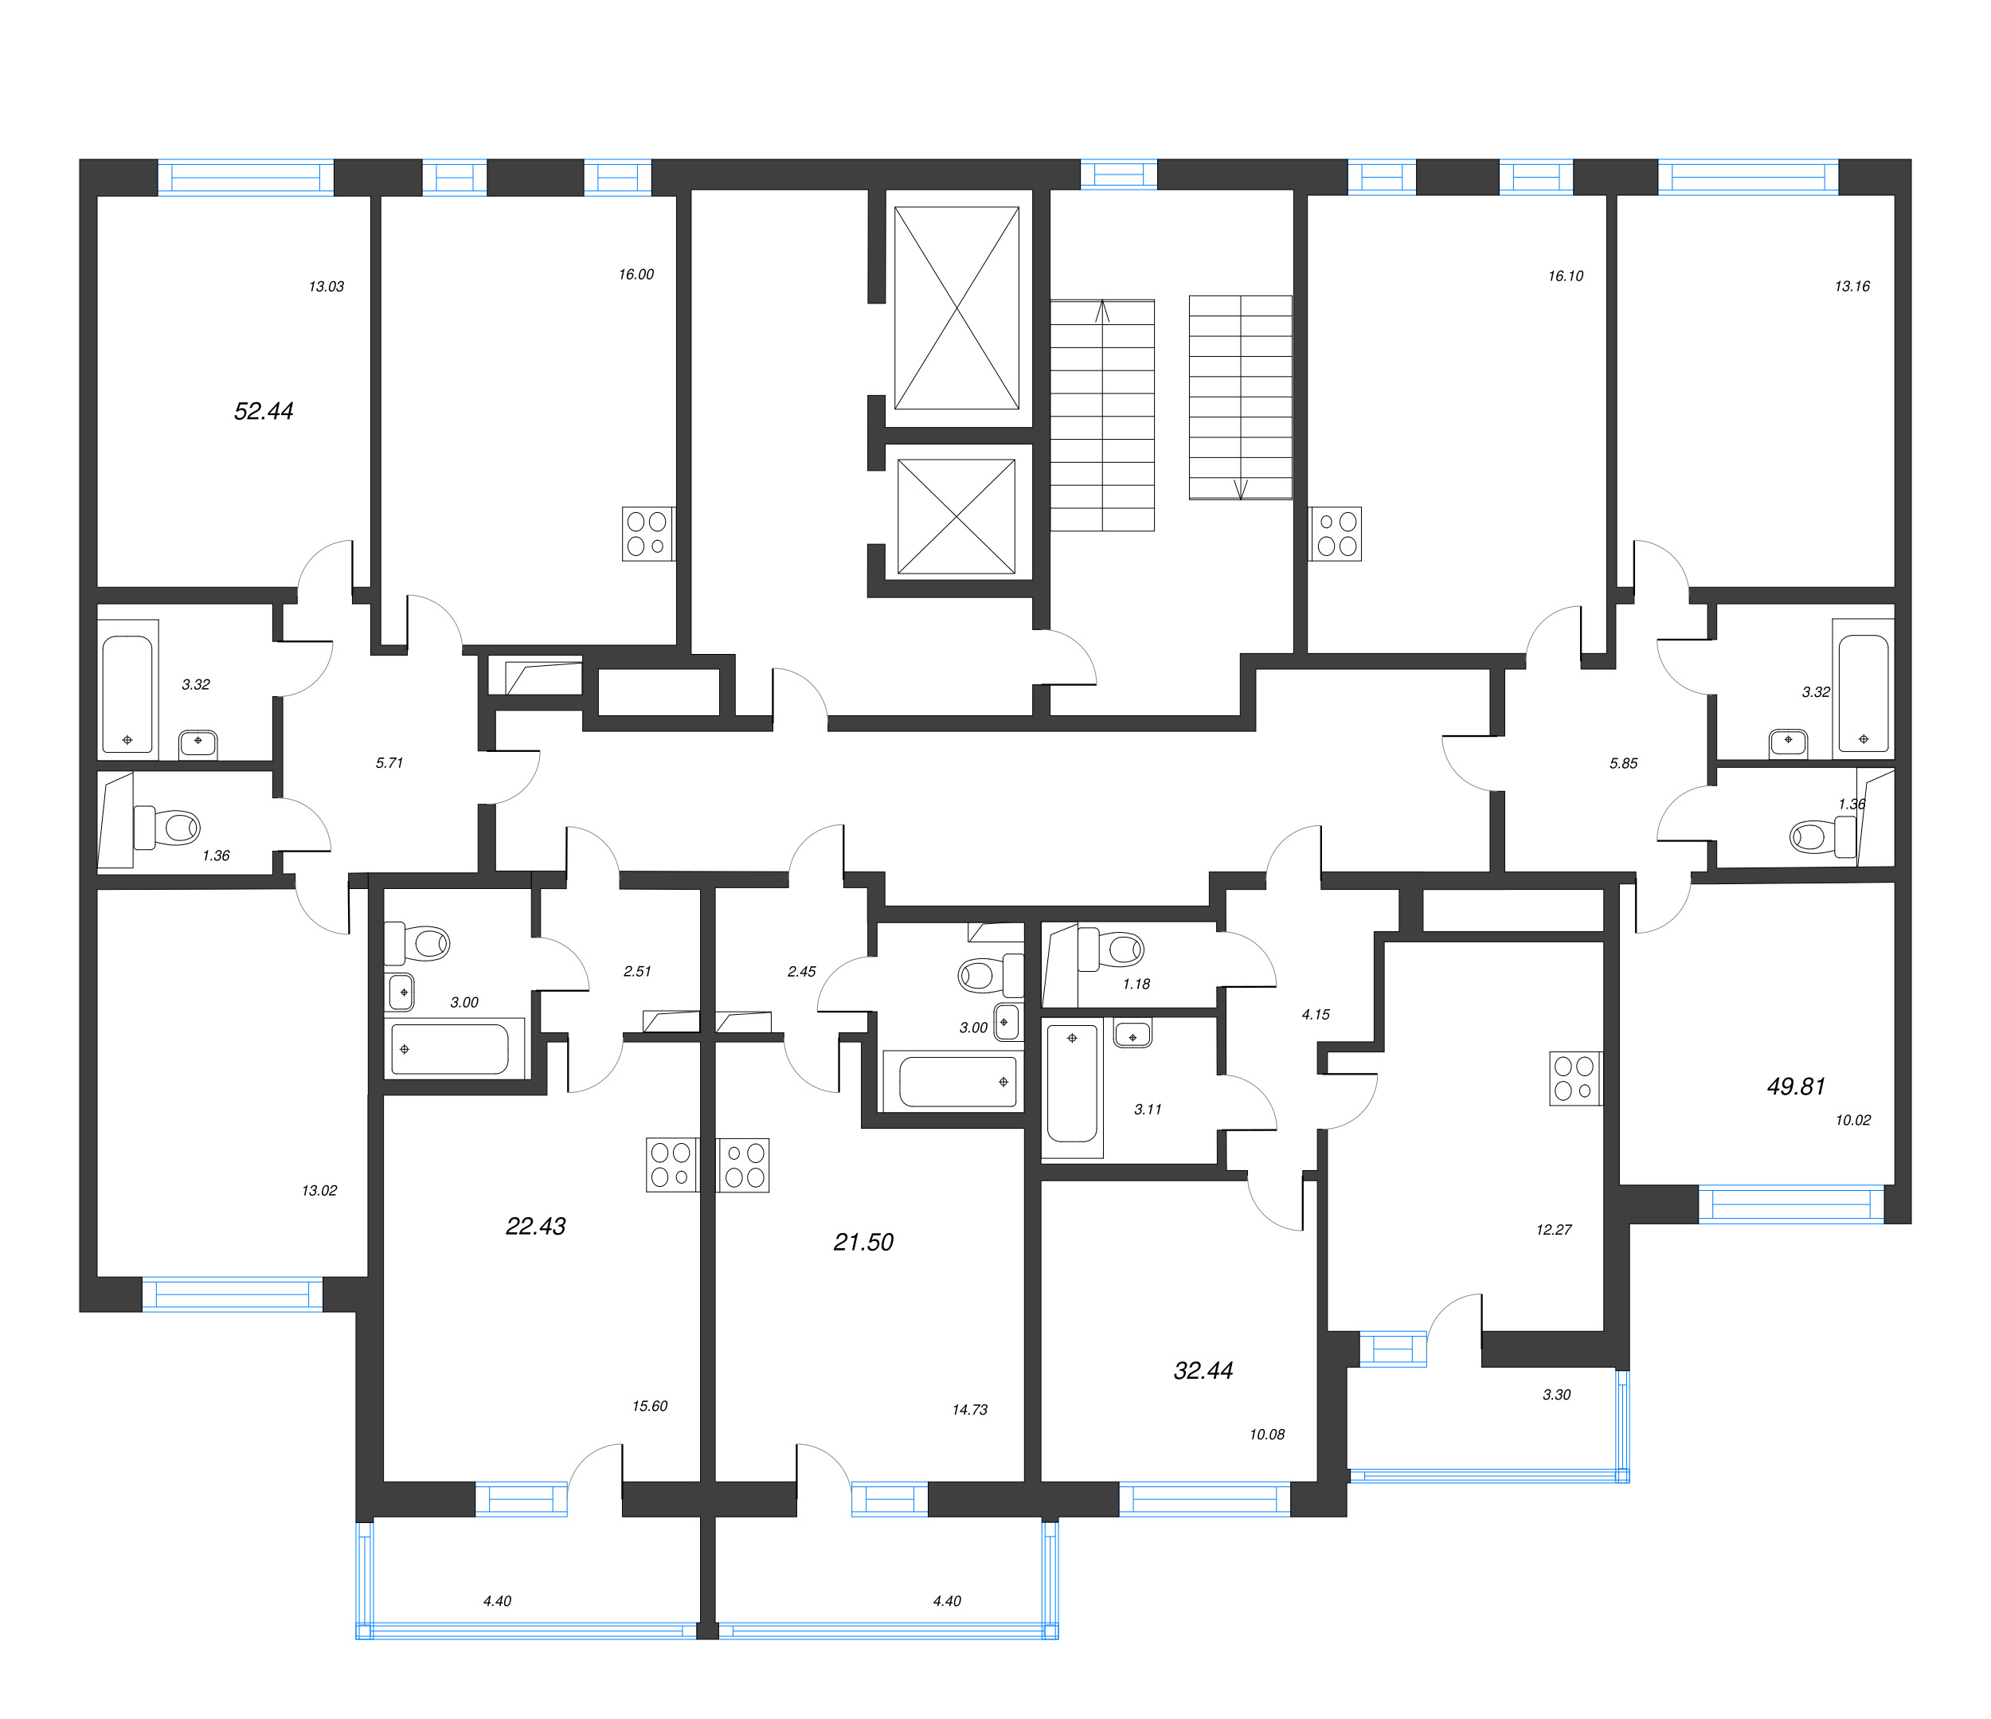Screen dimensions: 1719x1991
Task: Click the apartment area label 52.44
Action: pos(264,411)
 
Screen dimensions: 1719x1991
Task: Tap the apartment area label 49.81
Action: pos(1795,1087)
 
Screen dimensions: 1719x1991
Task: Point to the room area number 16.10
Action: pos(1564,276)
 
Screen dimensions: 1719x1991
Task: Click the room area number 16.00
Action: pos(636,275)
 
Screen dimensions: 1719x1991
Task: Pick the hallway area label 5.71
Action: pos(389,763)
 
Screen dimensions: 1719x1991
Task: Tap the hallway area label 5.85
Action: pos(1623,764)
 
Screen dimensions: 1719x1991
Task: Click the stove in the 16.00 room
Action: pos(647,534)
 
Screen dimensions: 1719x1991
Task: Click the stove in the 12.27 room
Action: pos(1575,1078)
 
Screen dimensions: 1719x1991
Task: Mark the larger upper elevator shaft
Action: pos(956,308)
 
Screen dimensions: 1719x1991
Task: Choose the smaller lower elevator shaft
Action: pos(956,517)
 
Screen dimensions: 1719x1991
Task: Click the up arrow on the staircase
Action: pos(1102,311)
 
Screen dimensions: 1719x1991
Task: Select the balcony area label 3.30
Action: pos(1555,1395)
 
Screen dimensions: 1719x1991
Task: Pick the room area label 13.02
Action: pos(319,1191)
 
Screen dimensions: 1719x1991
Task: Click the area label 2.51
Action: pos(637,972)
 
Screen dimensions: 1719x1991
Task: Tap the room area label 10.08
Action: pos(1266,1435)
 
